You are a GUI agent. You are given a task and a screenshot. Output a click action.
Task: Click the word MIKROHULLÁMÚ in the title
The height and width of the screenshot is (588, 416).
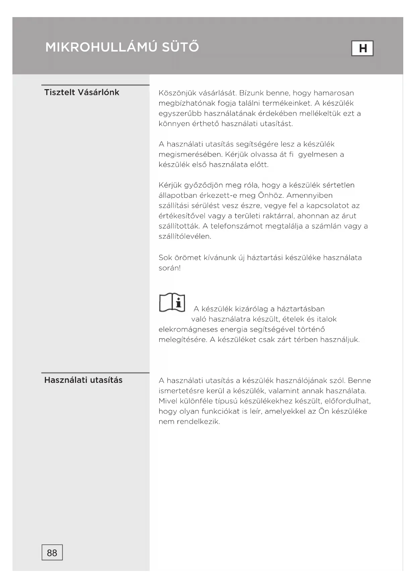click(101, 47)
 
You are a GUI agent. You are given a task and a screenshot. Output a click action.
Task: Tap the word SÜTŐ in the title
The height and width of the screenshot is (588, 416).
click(180, 47)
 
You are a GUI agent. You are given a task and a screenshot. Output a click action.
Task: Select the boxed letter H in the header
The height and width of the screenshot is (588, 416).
click(362, 48)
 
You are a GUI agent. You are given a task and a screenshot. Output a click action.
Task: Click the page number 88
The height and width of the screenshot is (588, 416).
click(52, 553)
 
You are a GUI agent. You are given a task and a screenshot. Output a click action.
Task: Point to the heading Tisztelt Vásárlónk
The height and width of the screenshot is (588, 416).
click(81, 93)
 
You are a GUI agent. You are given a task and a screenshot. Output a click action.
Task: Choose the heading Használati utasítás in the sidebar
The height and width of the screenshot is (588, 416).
click(83, 380)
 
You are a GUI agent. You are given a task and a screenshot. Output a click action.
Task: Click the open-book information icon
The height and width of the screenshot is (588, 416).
click(172, 302)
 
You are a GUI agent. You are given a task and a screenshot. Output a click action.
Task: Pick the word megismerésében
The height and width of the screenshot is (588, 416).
click(190, 155)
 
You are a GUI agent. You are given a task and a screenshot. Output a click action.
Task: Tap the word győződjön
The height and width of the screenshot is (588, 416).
click(204, 185)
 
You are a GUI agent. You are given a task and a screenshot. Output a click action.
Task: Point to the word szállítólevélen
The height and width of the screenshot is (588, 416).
click(185, 236)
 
